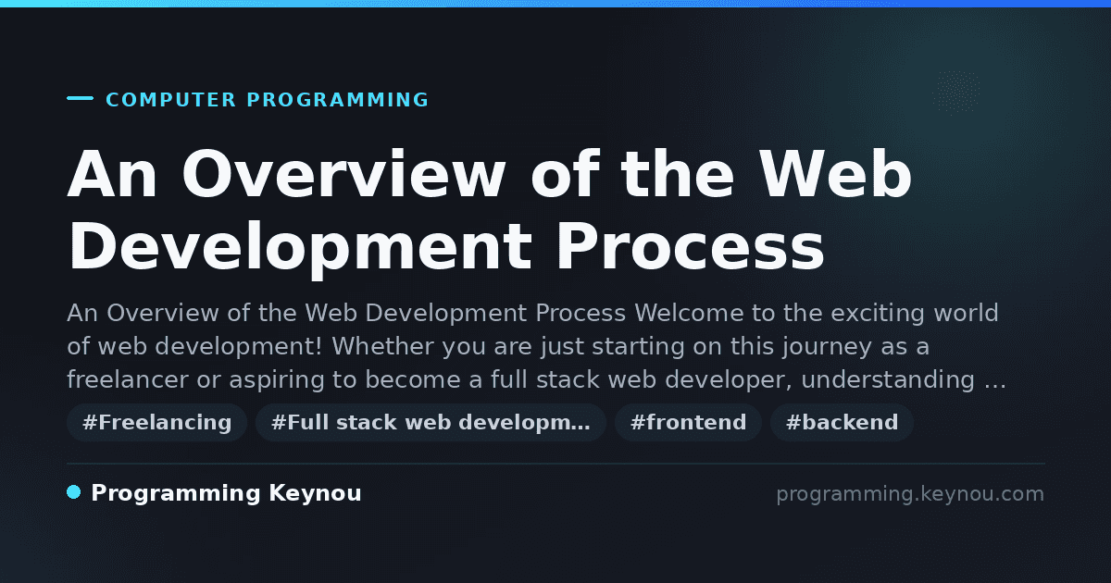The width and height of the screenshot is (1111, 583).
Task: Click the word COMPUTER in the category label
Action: (x=170, y=100)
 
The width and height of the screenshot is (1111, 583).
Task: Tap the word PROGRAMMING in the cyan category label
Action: (x=337, y=100)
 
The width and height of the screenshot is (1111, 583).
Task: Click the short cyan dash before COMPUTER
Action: (x=80, y=98)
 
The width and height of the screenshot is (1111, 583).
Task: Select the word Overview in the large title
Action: (x=343, y=174)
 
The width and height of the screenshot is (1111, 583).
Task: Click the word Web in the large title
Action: (x=836, y=174)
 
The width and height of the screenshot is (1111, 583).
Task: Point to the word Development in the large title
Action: (x=300, y=246)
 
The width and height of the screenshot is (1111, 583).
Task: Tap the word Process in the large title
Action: (x=691, y=246)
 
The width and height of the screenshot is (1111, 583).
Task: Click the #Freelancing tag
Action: (x=156, y=422)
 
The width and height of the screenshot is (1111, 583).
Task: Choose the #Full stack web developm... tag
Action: (x=431, y=422)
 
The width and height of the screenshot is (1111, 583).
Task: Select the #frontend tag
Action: (x=688, y=422)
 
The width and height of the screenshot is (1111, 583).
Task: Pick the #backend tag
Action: (x=842, y=422)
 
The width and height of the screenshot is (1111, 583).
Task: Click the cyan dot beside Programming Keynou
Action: (x=73, y=492)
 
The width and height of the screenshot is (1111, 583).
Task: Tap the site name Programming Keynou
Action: (x=226, y=493)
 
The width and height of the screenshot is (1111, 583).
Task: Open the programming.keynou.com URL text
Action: (x=910, y=494)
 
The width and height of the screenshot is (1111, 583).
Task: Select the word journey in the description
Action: (x=828, y=346)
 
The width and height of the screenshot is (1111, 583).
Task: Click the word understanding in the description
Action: (x=888, y=379)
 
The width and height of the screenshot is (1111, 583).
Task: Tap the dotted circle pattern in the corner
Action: (x=955, y=92)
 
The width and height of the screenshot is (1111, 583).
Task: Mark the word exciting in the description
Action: (x=878, y=314)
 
